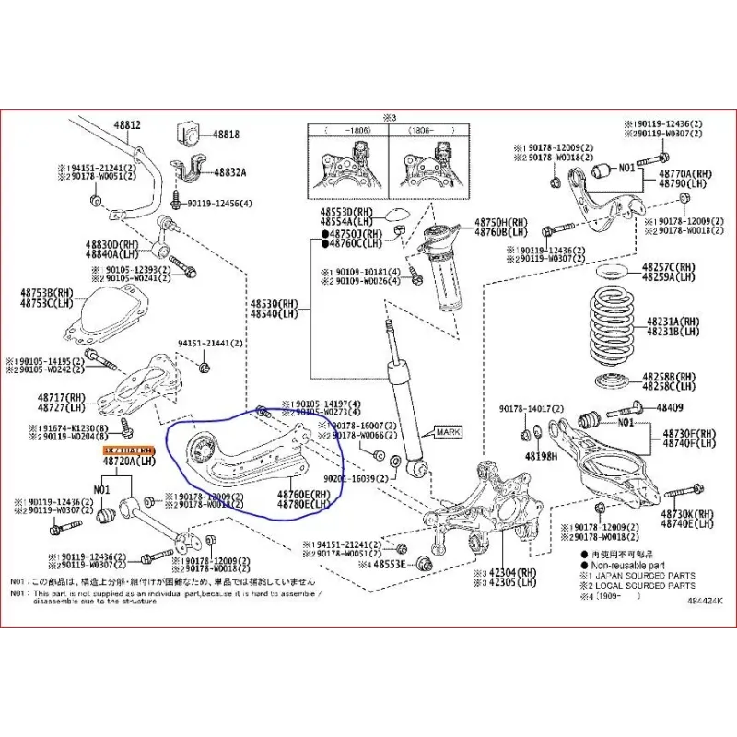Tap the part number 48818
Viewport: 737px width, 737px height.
pos(227,134)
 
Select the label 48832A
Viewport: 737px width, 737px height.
pos(229,171)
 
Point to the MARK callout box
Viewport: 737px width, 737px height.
pos(448,432)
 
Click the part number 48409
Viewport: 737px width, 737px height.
pos(670,406)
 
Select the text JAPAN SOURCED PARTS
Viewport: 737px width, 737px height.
pos(644,576)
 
